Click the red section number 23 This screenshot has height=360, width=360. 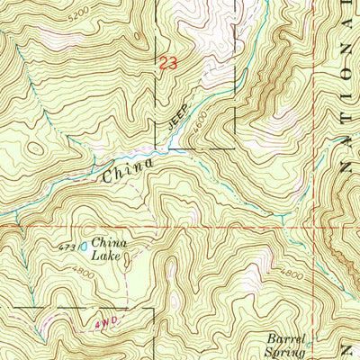point(167,64)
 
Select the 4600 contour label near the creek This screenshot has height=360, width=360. point(200,118)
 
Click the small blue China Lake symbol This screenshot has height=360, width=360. point(85,244)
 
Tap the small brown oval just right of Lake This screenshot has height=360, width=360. point(128,260)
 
